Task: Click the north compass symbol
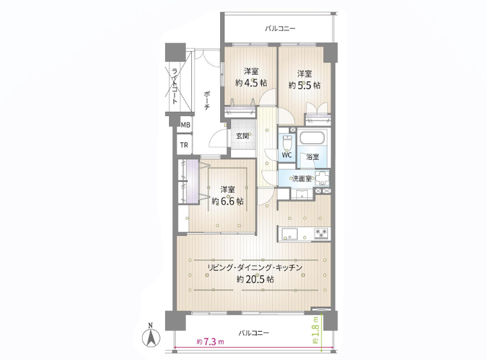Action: click(151, 336)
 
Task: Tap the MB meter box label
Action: click(185, 125)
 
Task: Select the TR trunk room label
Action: click(184, 145)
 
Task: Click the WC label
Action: click(287, 155)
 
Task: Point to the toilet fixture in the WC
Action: click(288, 142)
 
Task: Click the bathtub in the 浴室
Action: click(313, 138)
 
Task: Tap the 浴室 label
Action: click(313, 156)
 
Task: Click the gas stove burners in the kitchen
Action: click(321, 233)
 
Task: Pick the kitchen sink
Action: click(290, 233)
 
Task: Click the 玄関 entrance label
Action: click(242, 136)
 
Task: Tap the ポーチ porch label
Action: click(207, 100)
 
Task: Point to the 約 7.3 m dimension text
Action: click(210, 342)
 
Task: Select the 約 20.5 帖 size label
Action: click(255, 280)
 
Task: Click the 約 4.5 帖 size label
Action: click(251, 83)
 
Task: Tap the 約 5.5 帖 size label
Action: click(304, 85)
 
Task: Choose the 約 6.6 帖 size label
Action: click(228, 201)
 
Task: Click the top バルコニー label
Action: click(280, 28)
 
